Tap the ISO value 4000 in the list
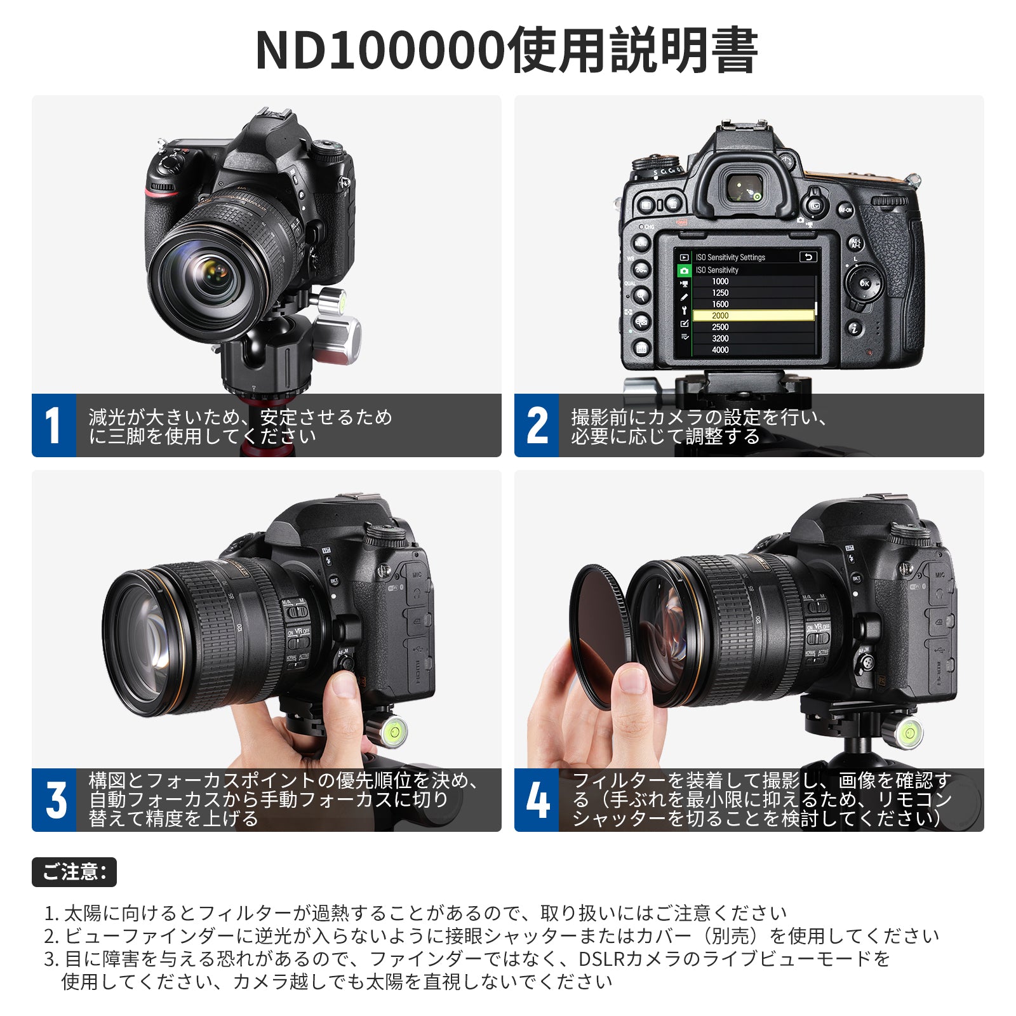point(720,350)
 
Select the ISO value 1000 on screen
point(720,281)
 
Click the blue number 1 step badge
point(54,425)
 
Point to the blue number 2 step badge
point(537,425)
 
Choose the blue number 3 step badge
point(54,800)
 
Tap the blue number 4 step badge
point(537,800)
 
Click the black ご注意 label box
point(74,872)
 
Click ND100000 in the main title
point(380,50)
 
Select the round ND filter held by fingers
point(600,635)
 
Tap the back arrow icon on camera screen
point(808,257)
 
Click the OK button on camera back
point(864,283)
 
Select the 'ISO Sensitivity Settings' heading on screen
point(730,257)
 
